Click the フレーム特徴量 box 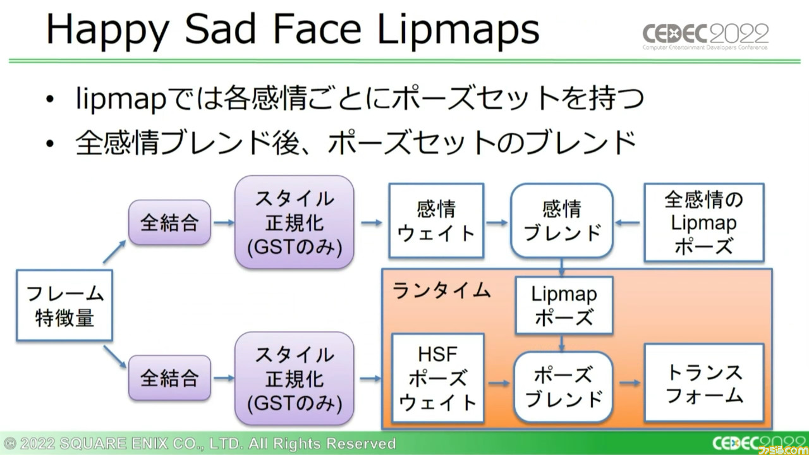pos(64,305)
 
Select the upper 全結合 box pos(170,222)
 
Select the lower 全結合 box pos(170,378)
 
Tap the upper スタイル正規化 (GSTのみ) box pos(295,222)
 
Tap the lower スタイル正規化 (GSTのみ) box pos(295,378)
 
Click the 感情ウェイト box pos(436,221)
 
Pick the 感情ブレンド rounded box pos(562,221)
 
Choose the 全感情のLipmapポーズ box pos(704,222)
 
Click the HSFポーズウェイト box pos(438,378)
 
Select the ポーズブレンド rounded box pos(563,387)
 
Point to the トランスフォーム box pos(704,383)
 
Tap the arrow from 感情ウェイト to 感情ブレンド pos(497,222)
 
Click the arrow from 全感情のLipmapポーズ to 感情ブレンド pos(628,222)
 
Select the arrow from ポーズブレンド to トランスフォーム pos(630,383)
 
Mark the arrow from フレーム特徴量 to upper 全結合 pos(114,252)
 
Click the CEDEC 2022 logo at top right pos(705,36)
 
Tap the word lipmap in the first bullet pos(121,99)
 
